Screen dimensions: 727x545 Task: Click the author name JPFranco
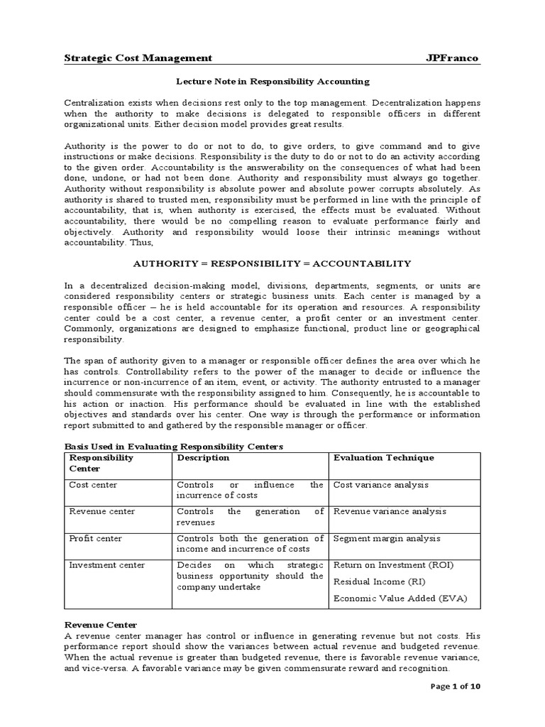click(453, 58)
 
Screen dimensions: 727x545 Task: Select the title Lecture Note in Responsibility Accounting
click(272, 82)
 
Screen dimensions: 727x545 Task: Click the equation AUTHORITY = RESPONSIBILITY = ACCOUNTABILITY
click(272, 263)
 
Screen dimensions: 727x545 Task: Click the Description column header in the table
click(204, 458)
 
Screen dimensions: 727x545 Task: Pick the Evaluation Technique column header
click(383, 458)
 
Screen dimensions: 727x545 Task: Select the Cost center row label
click(93, 485)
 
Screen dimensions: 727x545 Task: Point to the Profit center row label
click(95, 538)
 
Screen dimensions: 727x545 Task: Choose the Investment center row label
click(106, 565)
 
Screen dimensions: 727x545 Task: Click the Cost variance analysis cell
click(381, 485)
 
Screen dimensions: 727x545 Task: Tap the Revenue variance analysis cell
click(390, 511)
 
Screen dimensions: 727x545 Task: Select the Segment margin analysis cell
click(387, 538)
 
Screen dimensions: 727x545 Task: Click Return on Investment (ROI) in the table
click(393, 565)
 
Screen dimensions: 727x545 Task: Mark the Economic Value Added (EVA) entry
click(400, 598)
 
